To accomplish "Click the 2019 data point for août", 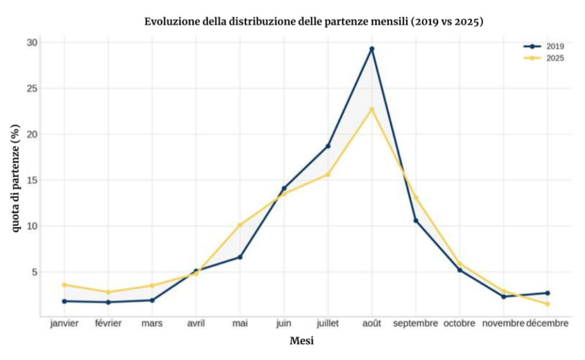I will click(x=372, y=49).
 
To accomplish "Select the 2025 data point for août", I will click(x=372, y=109).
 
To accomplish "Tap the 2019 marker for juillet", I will click(x=328, y=146).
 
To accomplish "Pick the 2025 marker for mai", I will click(x=240, y=225).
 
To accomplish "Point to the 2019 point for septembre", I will click(x=416, y=221).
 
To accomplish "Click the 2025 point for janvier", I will click(x=65, y=285).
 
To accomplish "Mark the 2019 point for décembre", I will click(x=547, y=293).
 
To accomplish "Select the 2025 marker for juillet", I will click(x=328, y=174).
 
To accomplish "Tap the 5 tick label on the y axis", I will click(x=34, y=272).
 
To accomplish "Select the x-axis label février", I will click(x=109, y=323).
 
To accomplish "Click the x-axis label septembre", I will click(x=416, y=323).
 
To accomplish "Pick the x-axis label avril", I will click(x=196, y=323).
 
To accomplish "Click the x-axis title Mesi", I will click(x=302, y=341).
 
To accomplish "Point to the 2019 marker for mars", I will click(x=152, y=300).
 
